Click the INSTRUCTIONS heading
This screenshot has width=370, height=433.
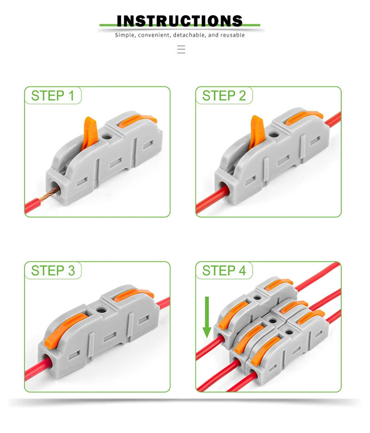[179, 21]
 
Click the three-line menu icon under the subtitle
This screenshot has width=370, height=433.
[181, 49]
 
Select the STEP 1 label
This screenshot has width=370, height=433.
[52, 96]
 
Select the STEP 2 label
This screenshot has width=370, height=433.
[224, 96]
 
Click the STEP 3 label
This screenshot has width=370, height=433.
[52, 270]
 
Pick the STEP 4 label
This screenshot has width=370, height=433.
[224, 270]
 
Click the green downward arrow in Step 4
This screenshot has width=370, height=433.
[207, 317]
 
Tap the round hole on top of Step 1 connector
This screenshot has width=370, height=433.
[108, 137]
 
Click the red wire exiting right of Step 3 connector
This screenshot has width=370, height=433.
[163, 305]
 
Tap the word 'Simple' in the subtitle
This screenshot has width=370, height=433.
[124, 35]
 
